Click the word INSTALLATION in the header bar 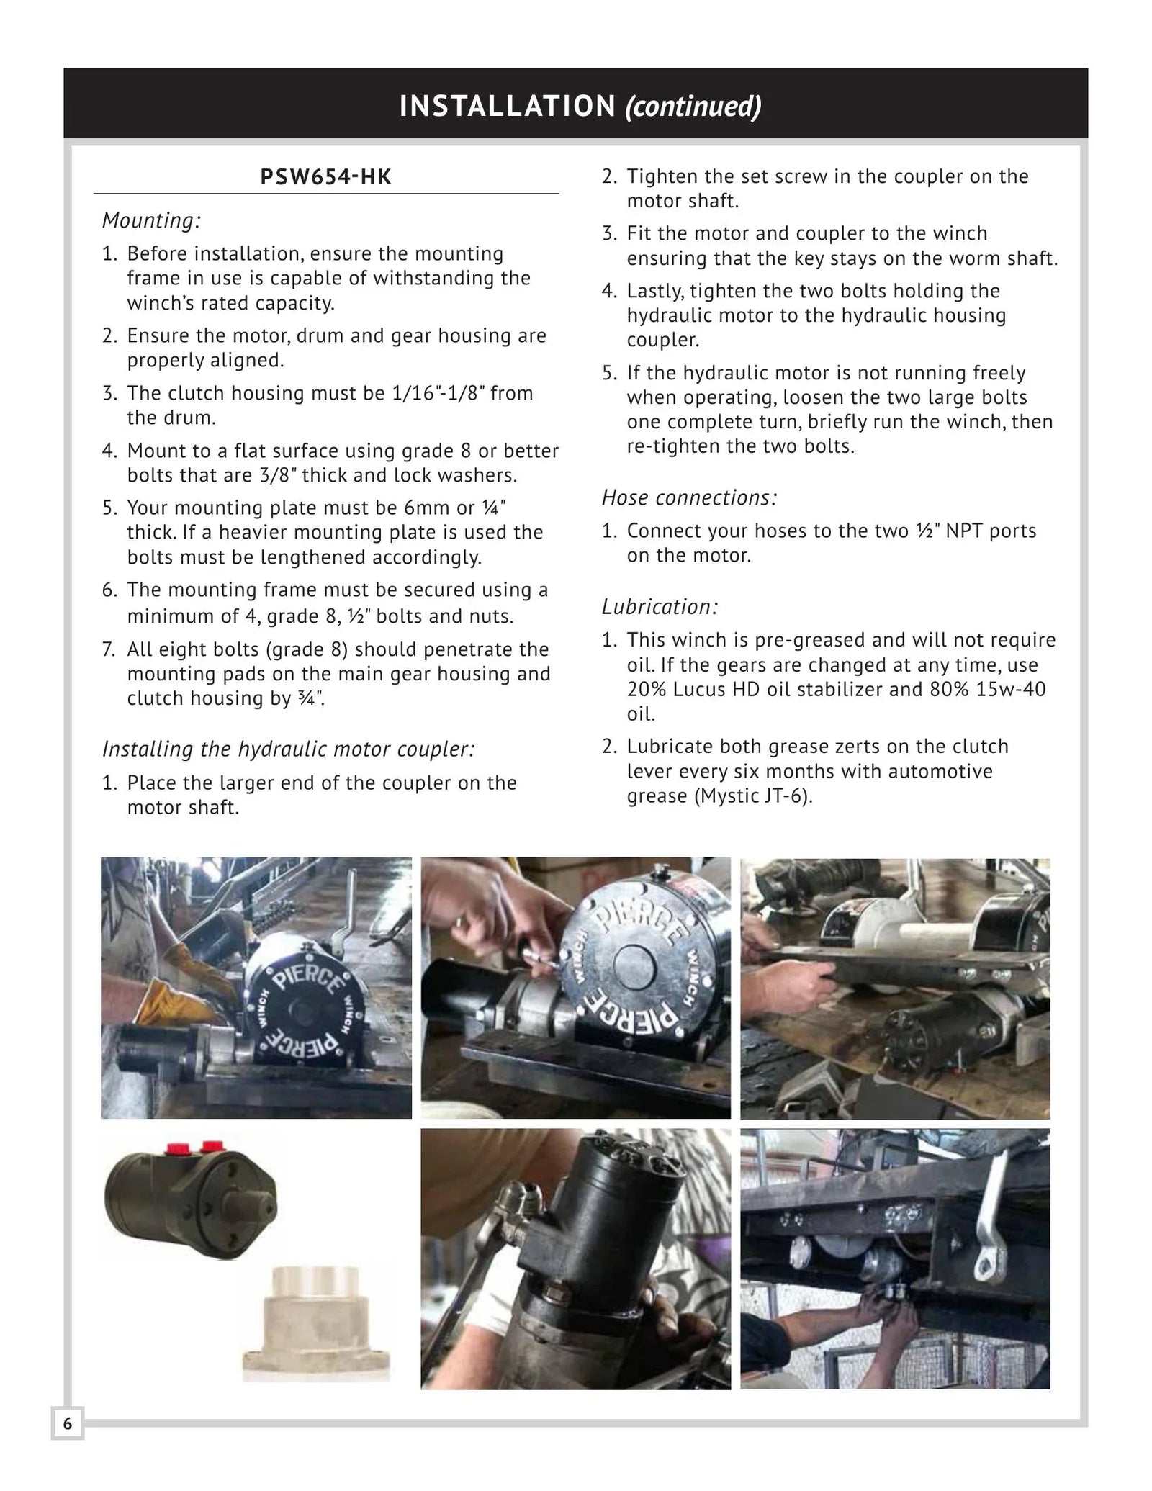(507, 106)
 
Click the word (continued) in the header (693, 106)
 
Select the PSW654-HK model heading (325, 177)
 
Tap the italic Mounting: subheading (151, 220)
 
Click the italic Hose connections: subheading (689, 497)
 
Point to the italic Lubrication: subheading (660, 607)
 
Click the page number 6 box (68, 1423)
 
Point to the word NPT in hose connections (965, 531)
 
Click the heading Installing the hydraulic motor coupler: (288, 749)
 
